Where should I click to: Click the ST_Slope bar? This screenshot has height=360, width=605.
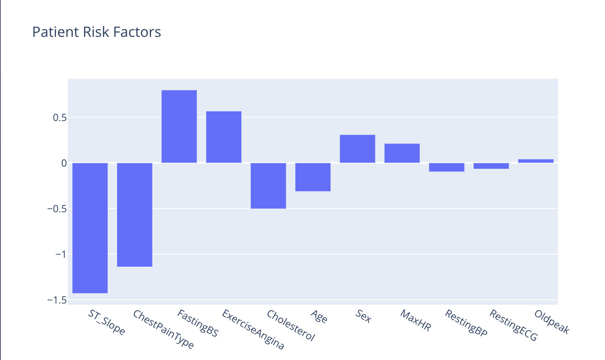90,228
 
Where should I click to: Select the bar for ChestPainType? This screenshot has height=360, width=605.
134,215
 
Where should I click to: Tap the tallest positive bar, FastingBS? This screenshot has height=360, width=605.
179,126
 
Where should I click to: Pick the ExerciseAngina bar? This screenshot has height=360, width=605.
224,137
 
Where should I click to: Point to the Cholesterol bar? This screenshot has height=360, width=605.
268,186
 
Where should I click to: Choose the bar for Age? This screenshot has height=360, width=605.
313,177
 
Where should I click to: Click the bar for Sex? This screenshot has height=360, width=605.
357,149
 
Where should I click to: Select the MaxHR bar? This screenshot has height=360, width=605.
402,153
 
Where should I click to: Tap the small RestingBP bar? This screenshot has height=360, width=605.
447,167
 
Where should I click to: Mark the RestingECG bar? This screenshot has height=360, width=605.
491,166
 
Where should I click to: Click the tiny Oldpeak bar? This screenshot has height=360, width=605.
536,161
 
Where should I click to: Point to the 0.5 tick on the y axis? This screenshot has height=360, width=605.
60,118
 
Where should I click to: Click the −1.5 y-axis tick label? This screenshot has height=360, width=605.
57,300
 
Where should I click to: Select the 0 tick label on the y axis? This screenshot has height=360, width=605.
64,163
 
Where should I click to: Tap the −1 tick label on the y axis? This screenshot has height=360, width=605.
61,255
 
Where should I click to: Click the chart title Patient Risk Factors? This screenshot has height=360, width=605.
96,32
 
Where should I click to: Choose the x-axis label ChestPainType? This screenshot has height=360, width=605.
164,329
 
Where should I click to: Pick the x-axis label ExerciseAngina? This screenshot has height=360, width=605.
253,329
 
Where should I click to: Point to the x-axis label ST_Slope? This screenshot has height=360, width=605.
107,322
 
